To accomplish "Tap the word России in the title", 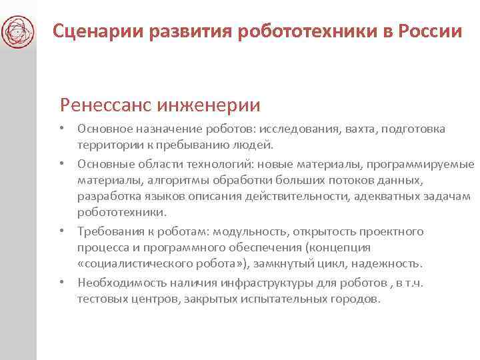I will tap(429, 31).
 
